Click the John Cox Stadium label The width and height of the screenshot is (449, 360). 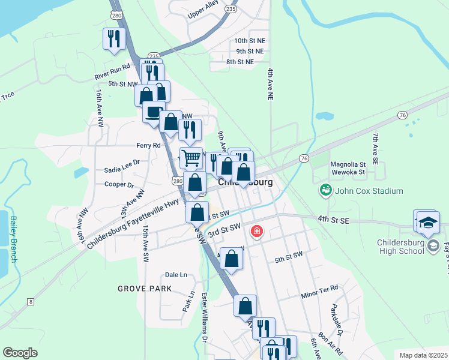[x=369, y=191]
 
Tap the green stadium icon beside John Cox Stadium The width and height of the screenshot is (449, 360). [x=325, y=191]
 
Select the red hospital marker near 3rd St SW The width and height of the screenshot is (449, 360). [x=257, y=231]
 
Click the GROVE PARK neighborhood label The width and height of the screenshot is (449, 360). [x=145, y=289]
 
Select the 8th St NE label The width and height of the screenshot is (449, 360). [x=240, y=62]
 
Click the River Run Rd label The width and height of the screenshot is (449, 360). [x=112, y=72]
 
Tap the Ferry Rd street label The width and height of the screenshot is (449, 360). [x=148, y=145]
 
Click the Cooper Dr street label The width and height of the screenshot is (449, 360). [x=119, y=185]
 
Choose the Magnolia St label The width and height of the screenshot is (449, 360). [x=348, y=164]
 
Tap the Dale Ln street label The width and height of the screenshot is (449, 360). [x=176, y=275]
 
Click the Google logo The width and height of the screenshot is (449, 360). [x=20, y=353]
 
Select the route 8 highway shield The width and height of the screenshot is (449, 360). [x=29, y=302]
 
